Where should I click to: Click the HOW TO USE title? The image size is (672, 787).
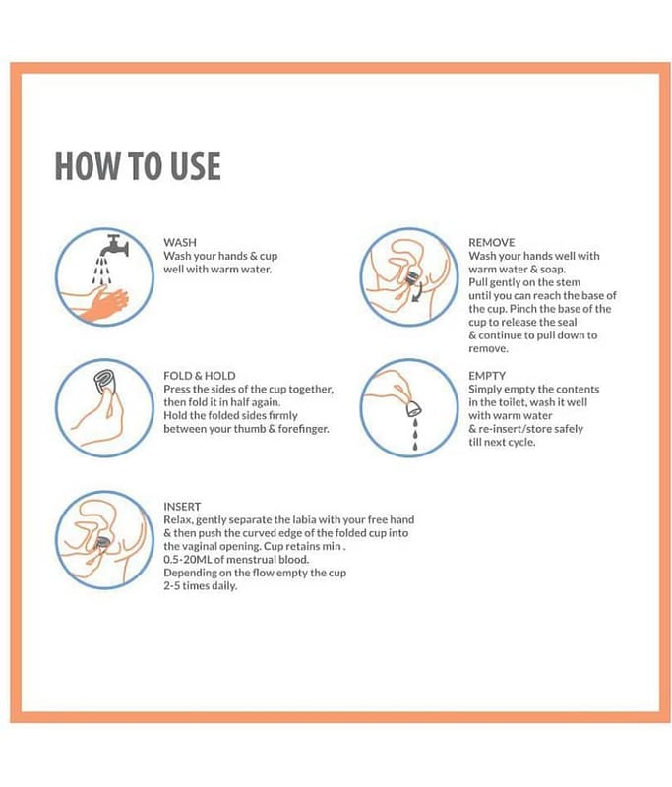tap(138, 166)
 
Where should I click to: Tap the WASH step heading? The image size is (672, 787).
tap(180, 242)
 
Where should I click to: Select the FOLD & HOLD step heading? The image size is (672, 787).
tap(200, 376)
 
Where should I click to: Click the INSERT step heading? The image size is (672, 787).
tap(182, 507)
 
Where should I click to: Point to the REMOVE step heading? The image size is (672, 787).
tap(491, 242)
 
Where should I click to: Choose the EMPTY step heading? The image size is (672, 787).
tap(487, 376)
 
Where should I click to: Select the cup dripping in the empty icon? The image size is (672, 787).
tap(414, 409)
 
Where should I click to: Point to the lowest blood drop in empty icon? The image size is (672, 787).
tap(414, 446)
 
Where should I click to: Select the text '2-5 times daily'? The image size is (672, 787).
tap(200, 586)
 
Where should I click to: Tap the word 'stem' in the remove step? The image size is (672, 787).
tap(568, 282)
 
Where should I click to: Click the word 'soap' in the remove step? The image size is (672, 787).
tap(552, 270)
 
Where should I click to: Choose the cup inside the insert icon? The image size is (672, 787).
tap(103, 542)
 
